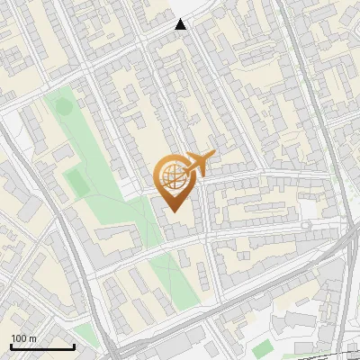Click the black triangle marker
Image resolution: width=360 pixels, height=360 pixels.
(x=181, y=24)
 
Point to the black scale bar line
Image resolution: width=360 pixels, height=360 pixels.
(x=42, y=347)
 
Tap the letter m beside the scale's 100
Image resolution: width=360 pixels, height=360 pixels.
(x=32, y=338)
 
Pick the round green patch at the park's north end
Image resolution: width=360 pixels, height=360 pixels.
(x=63, y=106)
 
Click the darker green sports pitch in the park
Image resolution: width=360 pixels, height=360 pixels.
(x=78, y=183)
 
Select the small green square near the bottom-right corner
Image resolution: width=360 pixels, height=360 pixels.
(x=262, y=348)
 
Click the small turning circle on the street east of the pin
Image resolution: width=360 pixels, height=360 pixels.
(x=306, y=223)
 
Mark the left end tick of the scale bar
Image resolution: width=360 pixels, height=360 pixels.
(x=11, y=346)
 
